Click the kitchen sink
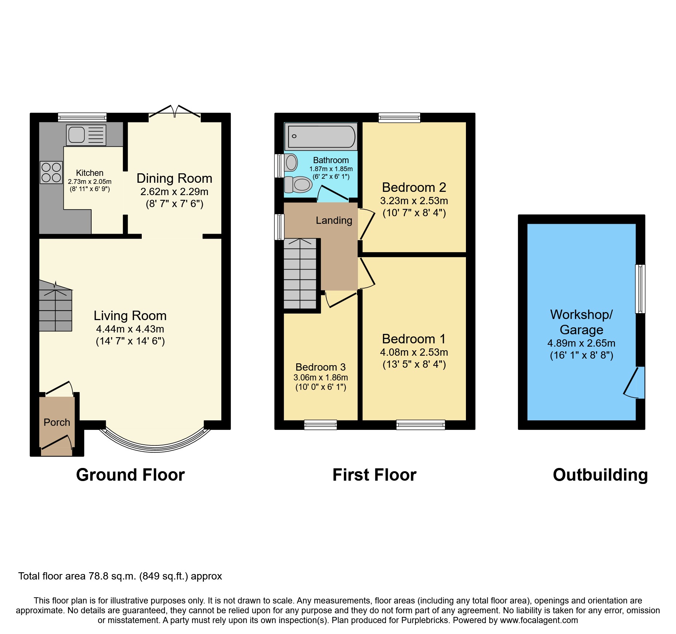(86, 135)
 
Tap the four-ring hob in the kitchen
(51, 173)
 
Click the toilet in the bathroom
(298, 185)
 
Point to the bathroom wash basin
(291, 162)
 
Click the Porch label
(57, 422)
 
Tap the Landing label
(334, 220)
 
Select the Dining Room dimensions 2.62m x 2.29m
(174, 191)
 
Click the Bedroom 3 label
(320, 367)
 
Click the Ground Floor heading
(130, 475)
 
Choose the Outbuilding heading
(600, 475)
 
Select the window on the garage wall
(640, 289)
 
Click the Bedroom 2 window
(399, 118)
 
